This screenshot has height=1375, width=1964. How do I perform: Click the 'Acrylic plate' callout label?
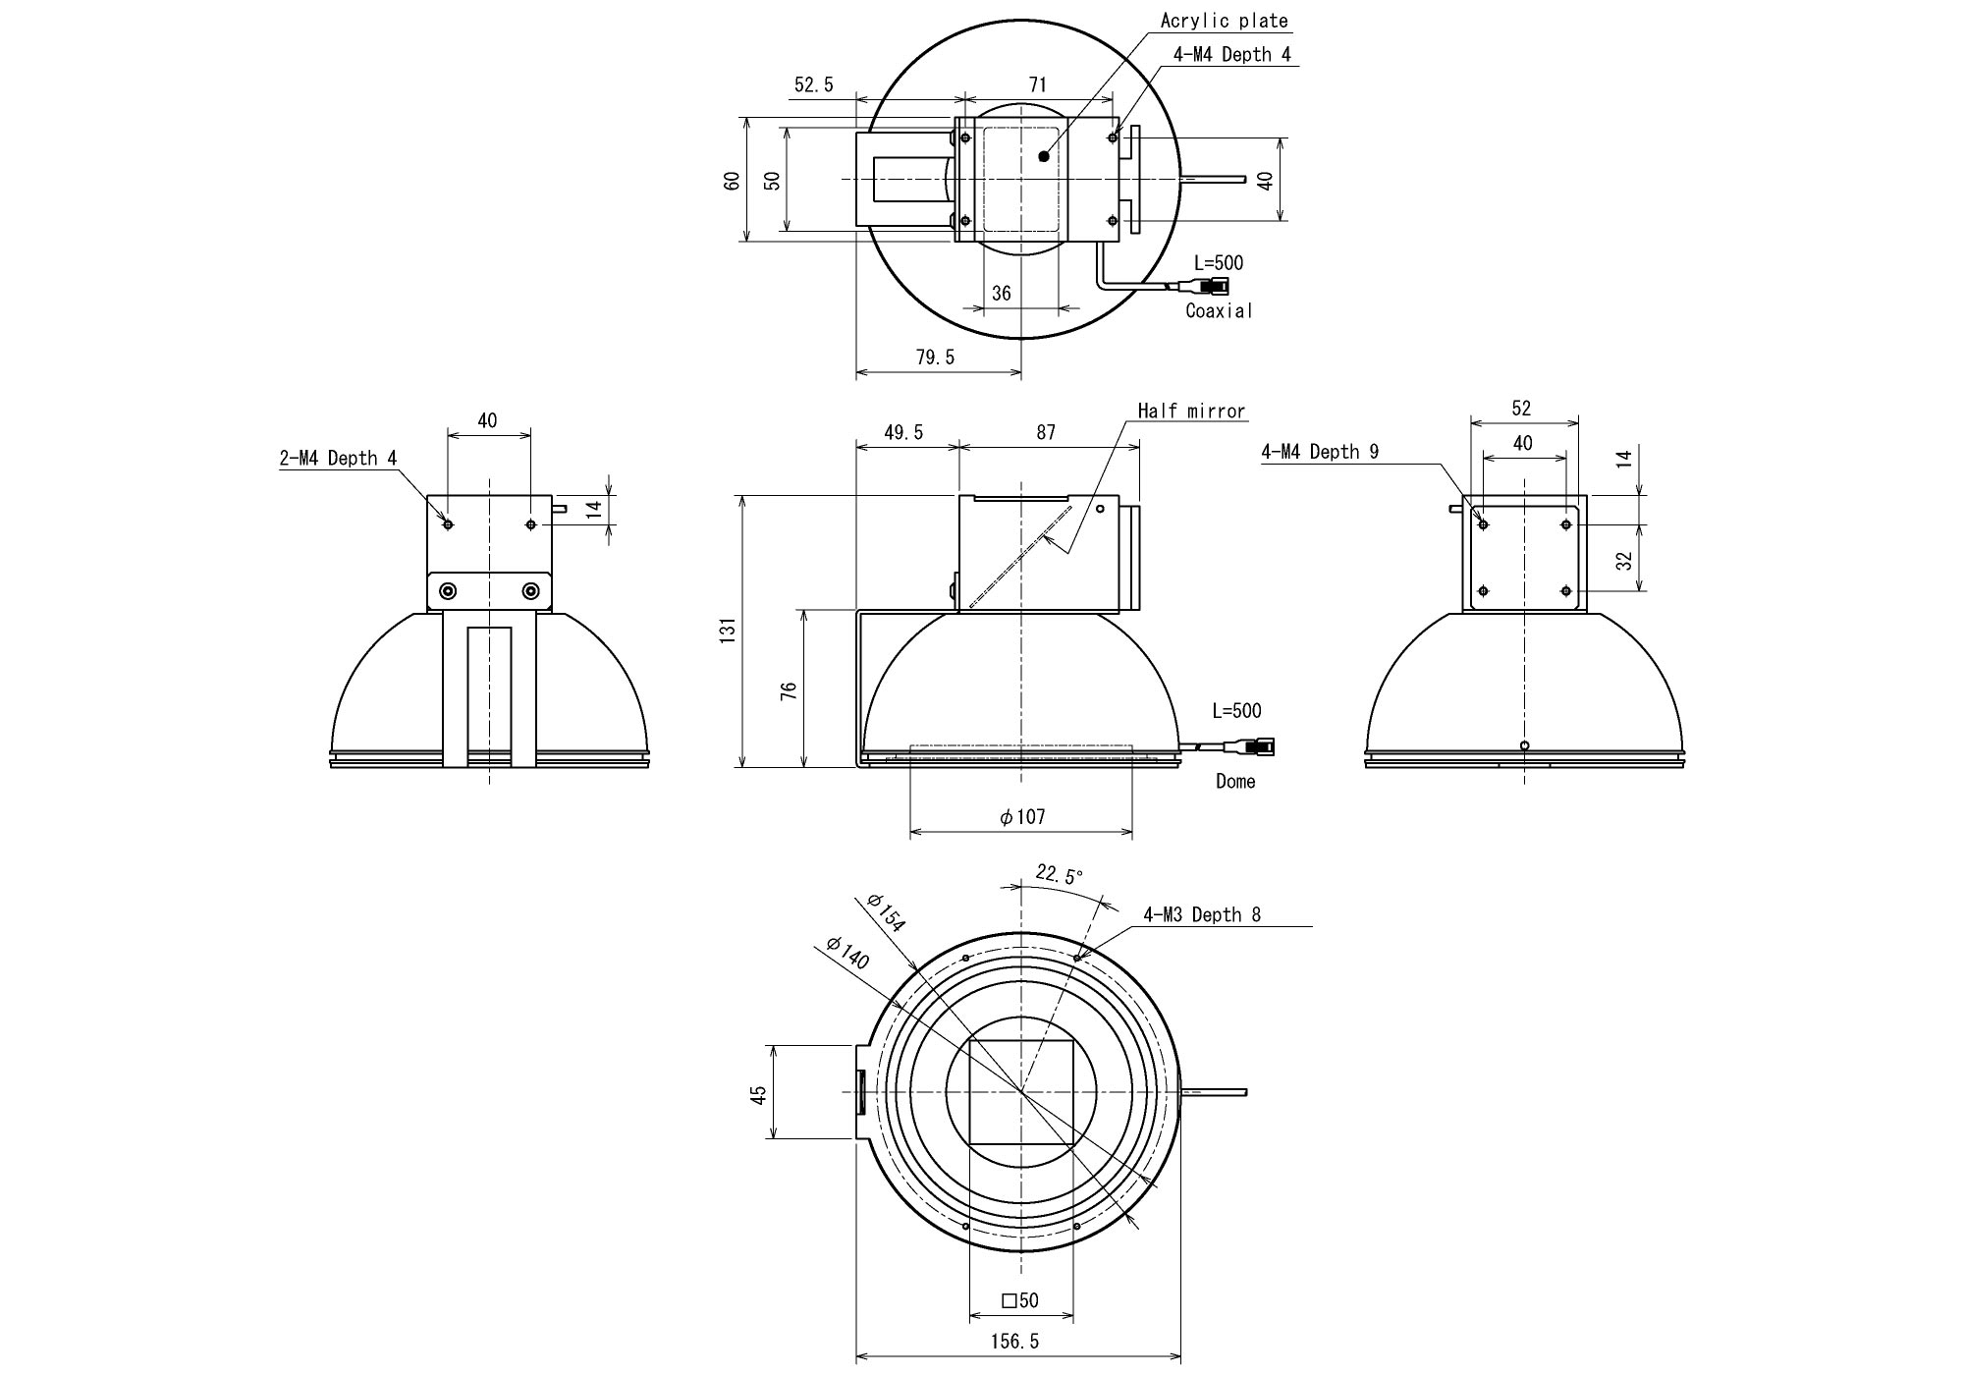tap(1224, 21)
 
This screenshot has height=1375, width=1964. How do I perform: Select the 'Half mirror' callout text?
tap(1191, 411)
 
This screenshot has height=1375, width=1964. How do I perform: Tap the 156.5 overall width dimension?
tap(1015, 1341)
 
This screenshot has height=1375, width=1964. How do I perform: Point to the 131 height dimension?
tap(728, 631)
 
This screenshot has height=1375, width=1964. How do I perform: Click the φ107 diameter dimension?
tap(1022, 816)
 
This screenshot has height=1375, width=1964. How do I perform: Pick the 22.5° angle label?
tap(1059, 875)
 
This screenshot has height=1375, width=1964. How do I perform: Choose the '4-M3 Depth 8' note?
tap(1202, 914)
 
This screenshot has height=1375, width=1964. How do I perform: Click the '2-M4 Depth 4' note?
tap(338, 458)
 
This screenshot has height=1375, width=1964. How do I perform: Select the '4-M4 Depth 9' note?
tap(1320, 452)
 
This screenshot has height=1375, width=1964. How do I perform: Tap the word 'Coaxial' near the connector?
tap(1219, 310)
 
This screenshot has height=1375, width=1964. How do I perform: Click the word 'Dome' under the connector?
tap(1235, 781)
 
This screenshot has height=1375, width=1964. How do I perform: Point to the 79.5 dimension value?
tap(935, 357)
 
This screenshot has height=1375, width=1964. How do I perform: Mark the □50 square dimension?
tap(1020, 1300)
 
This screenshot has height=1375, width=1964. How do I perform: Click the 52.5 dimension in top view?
tap(813, 85)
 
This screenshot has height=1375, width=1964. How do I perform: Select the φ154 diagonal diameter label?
tap(886, 912)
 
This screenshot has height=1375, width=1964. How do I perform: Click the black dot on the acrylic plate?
tap(1043, 156)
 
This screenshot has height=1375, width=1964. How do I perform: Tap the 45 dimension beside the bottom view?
tap(758, 1095)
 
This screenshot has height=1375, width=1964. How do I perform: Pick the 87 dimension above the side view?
tap(1046, 432)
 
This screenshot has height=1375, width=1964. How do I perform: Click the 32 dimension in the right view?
tap(1624, 560)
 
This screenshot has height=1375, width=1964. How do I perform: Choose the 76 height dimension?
tap(788, 689)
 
